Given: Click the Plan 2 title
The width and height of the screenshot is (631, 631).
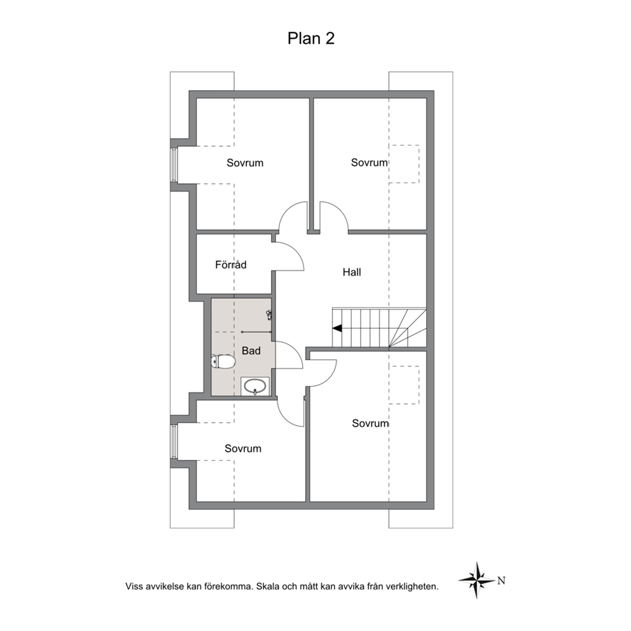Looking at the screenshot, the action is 310,39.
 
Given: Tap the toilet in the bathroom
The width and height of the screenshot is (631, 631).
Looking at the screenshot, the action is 223,362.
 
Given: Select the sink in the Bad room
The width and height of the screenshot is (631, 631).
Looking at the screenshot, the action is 255,386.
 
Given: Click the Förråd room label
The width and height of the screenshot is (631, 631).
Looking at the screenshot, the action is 231,265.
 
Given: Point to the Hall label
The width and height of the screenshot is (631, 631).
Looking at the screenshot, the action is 352,272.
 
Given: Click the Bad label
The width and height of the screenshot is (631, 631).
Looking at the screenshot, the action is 251,351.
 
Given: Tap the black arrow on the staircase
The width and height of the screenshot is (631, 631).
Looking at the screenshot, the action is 337,328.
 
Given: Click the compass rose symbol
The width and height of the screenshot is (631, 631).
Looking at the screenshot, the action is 477,580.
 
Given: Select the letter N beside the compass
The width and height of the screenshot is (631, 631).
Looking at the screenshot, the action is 501,581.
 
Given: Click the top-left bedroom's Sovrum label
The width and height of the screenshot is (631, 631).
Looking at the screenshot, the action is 245,163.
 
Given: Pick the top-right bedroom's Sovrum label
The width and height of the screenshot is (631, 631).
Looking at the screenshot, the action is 369,163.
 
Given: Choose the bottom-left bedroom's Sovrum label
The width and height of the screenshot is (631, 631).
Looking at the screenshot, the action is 242,448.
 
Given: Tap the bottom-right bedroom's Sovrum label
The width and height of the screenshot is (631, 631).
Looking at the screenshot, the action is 370,424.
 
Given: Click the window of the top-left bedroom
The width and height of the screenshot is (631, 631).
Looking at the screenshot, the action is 174,165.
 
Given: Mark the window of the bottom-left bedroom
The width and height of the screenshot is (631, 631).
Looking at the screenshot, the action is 174,441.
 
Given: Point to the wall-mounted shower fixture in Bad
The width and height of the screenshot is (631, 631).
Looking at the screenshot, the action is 269,315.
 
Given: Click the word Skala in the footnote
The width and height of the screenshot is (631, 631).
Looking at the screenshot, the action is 268,586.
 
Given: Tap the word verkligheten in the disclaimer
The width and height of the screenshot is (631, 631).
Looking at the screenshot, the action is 412,586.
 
